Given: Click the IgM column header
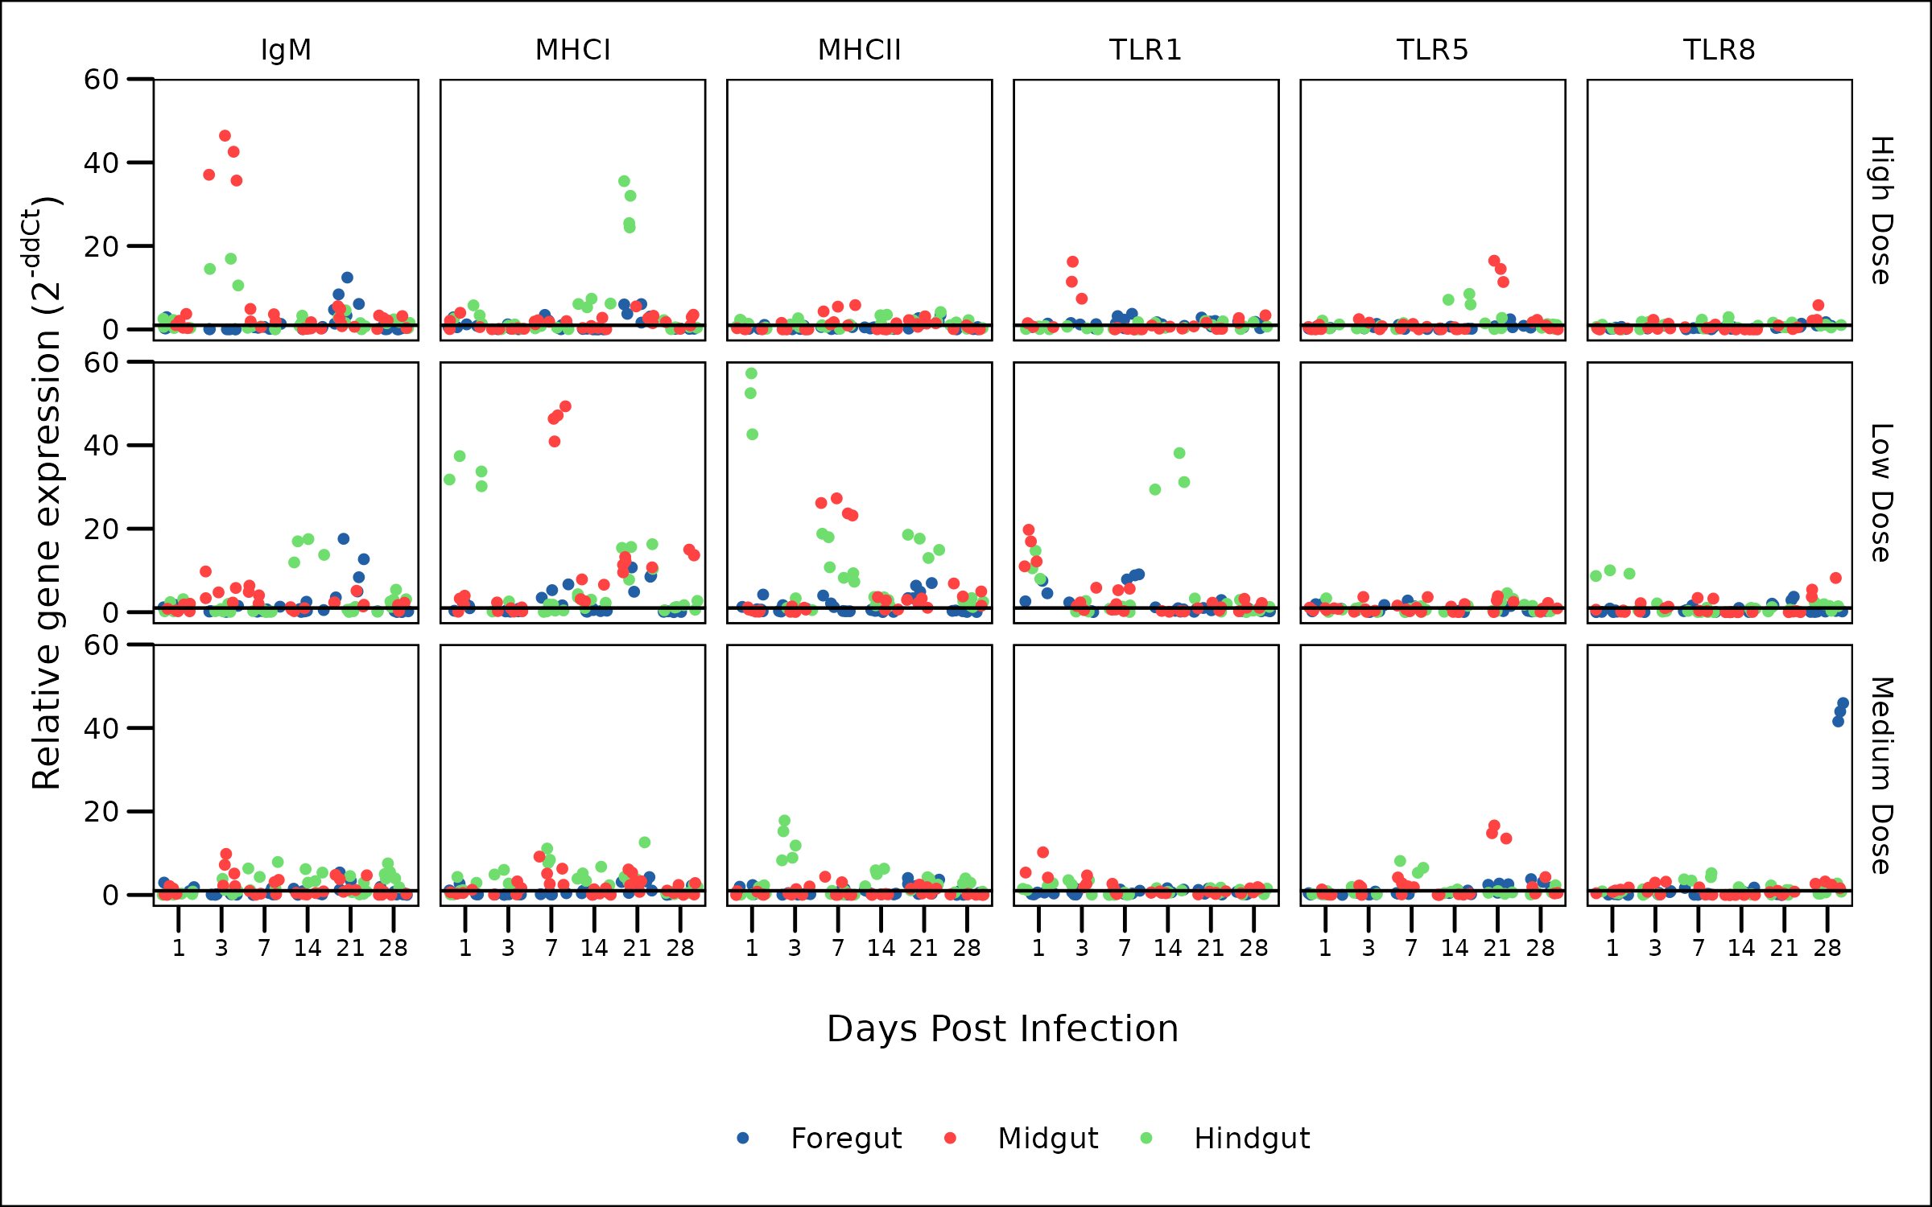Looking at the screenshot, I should point(286,50).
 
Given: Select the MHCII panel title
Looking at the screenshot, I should point(859,50).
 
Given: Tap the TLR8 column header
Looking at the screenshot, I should point(1719,50).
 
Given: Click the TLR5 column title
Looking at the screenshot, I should point(1432,50).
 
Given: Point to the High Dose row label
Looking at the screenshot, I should point(1881,210).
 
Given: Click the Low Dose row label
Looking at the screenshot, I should point(1881,492).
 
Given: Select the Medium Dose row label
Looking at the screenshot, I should point(1881,776).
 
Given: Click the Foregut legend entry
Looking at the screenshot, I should point(845,1139).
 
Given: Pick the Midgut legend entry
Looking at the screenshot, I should point(1047,1139).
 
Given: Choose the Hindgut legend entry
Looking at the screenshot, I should point(1252,1139).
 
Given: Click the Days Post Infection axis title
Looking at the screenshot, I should point(1002,1029).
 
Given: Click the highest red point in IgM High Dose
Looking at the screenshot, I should point(225,136).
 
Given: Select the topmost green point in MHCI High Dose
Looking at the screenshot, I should point(624,182).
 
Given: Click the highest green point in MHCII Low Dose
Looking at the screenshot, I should point(751,373).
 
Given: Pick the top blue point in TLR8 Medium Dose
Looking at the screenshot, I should point(1843,703).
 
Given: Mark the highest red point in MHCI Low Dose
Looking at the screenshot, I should point(565,407).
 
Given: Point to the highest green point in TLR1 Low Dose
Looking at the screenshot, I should point(1179,453).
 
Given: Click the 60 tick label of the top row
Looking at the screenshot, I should point(101,80).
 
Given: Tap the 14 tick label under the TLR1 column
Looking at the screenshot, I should point(1167,949).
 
